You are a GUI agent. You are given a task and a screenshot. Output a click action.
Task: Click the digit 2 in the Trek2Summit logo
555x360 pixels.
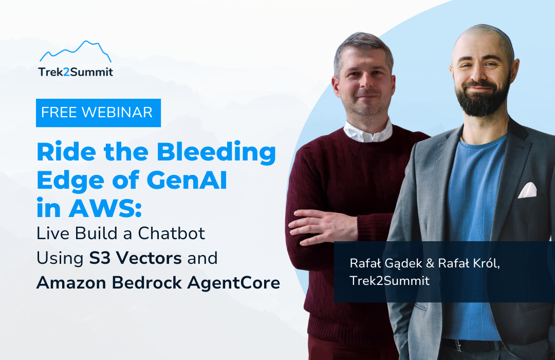point(66,72)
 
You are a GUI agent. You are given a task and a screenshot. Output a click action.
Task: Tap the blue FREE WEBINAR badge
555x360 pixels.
point(98,113)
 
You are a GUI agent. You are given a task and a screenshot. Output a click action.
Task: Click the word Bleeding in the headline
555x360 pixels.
point(216,152)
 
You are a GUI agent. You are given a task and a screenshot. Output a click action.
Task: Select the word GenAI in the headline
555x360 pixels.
point(187,181)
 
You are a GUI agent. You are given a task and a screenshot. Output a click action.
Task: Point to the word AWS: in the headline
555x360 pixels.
point(105,208)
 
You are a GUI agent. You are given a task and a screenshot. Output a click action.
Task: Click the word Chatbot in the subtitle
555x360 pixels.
point(171,233)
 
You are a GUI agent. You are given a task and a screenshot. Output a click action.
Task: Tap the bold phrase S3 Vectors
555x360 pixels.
point(135,258)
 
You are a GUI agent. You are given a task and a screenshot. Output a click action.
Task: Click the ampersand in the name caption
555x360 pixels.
point(430,263)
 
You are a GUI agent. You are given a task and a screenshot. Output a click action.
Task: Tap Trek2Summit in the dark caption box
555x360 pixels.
point(390,281)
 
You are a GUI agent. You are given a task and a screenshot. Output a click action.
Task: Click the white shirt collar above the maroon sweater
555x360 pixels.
point(367,132)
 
